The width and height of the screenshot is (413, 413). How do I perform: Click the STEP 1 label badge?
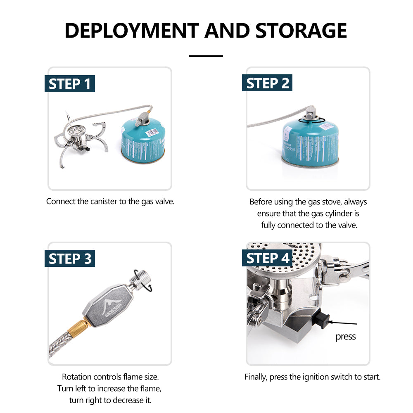(x=69, y=84)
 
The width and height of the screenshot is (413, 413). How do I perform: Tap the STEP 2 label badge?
(x=267, y=83)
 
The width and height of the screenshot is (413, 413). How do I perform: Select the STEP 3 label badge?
(x=69, y=259)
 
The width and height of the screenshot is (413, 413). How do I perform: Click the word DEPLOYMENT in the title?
(x=131, y=31)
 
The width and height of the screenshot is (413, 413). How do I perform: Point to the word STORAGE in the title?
(x=301, y=31)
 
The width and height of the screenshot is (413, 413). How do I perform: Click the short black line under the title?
(x=206, y=56)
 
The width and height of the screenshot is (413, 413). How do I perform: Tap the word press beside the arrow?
(x=345, y=337)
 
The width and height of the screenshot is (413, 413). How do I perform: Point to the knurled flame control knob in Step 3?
(x=139, y=277)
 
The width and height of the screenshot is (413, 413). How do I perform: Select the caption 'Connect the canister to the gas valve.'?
(x=110, y=202)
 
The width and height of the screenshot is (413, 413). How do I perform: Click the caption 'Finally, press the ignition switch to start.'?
(x=312, y=377)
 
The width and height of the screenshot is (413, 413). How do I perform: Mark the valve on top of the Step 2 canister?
(x=311, y=112)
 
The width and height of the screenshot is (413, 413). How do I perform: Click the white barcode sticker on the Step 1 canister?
(x=153, y=132)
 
